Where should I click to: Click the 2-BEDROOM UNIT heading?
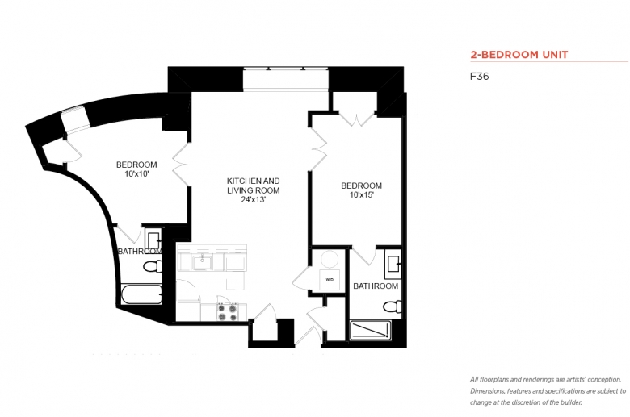coord(519,55)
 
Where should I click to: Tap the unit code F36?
coord(479,77)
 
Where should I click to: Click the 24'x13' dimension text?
coord(253,199)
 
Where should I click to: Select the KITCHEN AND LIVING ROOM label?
coord(253,186)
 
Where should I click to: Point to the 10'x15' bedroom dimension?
coord(362,195)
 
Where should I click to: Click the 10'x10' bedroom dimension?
coord(136,173)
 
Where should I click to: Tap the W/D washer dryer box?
coord(330,280)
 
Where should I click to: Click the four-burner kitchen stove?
coord(228,312)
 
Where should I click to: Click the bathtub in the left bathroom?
coord(141,294)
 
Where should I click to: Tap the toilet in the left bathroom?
coord(153,266)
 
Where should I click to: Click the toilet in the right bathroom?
coord(393,307)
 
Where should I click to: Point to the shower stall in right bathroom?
coord(370,331)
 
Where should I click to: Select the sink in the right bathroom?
coord(393,264)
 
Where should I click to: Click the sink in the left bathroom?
coord(153,240)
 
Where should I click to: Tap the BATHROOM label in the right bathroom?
coord(376,286)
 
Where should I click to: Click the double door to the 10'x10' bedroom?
coord(181,165)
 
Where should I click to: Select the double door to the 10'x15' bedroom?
coord(318,149)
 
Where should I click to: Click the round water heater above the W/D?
coord(330,259)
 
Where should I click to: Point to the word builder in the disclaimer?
coord(572,402)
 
